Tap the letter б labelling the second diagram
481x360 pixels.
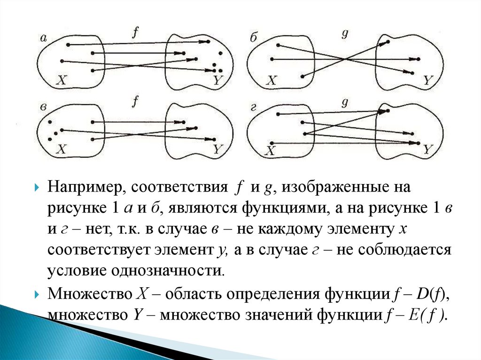(x=254, y=38)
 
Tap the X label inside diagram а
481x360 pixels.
(x=62, y=80)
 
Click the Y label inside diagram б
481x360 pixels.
(x=427, y=80)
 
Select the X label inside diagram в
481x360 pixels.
(x=62, y=150)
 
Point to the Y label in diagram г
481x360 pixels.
(x=427, y=150)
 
